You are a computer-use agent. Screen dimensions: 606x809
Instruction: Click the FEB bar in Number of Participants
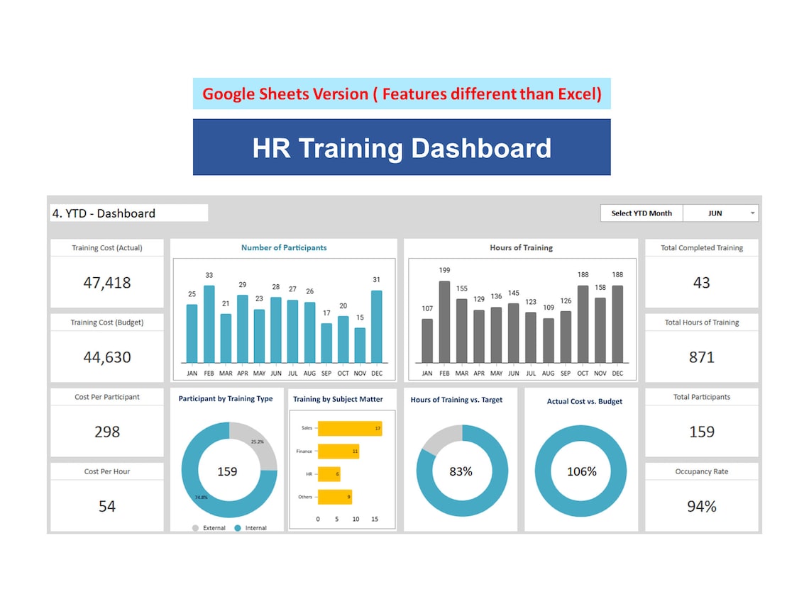pos(209,324)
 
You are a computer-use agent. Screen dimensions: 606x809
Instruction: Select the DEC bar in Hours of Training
pos(617,324)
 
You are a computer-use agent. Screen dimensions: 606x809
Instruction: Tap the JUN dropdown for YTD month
pos(720,213)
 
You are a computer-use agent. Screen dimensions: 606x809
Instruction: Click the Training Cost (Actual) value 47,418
pos(107,283)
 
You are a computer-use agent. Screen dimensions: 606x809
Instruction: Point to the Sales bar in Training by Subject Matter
pos(349,428)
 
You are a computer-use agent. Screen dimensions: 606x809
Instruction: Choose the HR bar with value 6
pos(329,474)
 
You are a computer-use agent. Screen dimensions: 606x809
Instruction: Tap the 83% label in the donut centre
pos(461,471)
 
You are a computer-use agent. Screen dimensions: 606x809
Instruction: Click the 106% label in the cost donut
pos(582,471)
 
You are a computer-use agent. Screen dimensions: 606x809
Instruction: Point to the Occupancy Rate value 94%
pos(701,506)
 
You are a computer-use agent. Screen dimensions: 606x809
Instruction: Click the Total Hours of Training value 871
pos(701,357)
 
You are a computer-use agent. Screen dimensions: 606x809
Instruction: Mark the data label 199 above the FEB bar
pos(444,270)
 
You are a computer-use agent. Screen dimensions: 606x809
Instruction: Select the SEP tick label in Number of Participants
pos(326,373)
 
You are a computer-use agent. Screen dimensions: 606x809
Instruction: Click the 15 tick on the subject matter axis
pos(374,519)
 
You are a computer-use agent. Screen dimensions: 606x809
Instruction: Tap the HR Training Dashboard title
pos(402,148)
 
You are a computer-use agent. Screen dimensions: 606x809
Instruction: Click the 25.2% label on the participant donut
pos(257,442)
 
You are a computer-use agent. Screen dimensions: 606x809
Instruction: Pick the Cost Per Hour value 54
pos(107,506)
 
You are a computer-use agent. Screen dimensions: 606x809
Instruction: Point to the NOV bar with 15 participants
pos(360,345)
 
